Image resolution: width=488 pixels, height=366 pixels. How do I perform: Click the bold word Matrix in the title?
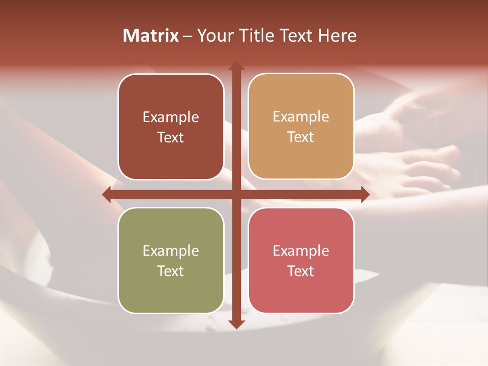151,36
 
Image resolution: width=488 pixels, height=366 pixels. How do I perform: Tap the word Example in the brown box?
171,117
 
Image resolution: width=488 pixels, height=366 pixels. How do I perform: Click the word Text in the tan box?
301,137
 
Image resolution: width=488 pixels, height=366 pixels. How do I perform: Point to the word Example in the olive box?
171,251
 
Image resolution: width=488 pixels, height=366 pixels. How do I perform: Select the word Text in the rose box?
301,271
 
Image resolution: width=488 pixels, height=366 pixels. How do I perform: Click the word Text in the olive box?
171,271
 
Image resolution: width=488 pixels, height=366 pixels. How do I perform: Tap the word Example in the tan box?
301,116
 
